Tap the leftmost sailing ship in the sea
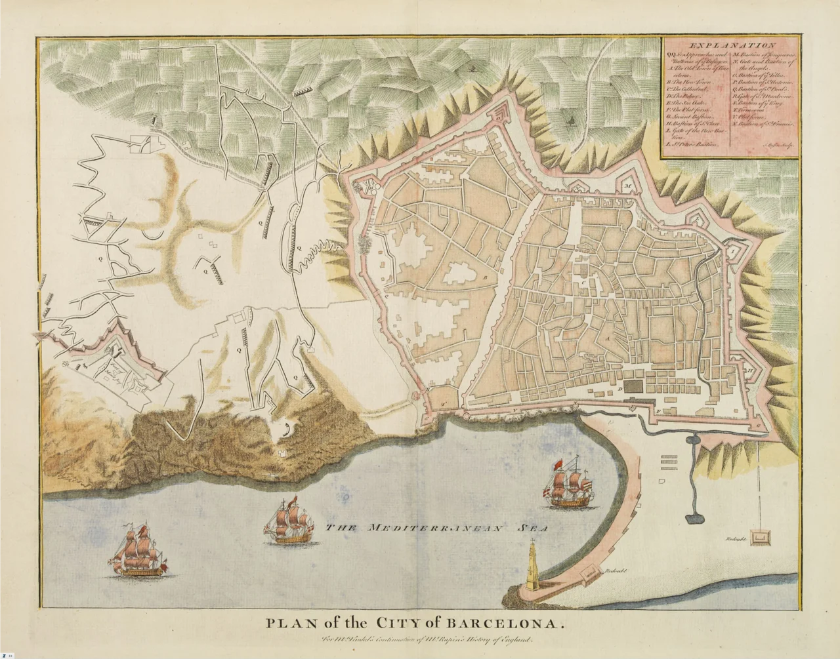coord(138,551)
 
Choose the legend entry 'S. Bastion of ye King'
coord(758,103)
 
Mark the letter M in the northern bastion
coord(627,186)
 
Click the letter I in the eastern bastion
coord(730,249)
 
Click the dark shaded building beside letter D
coord(631,388)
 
